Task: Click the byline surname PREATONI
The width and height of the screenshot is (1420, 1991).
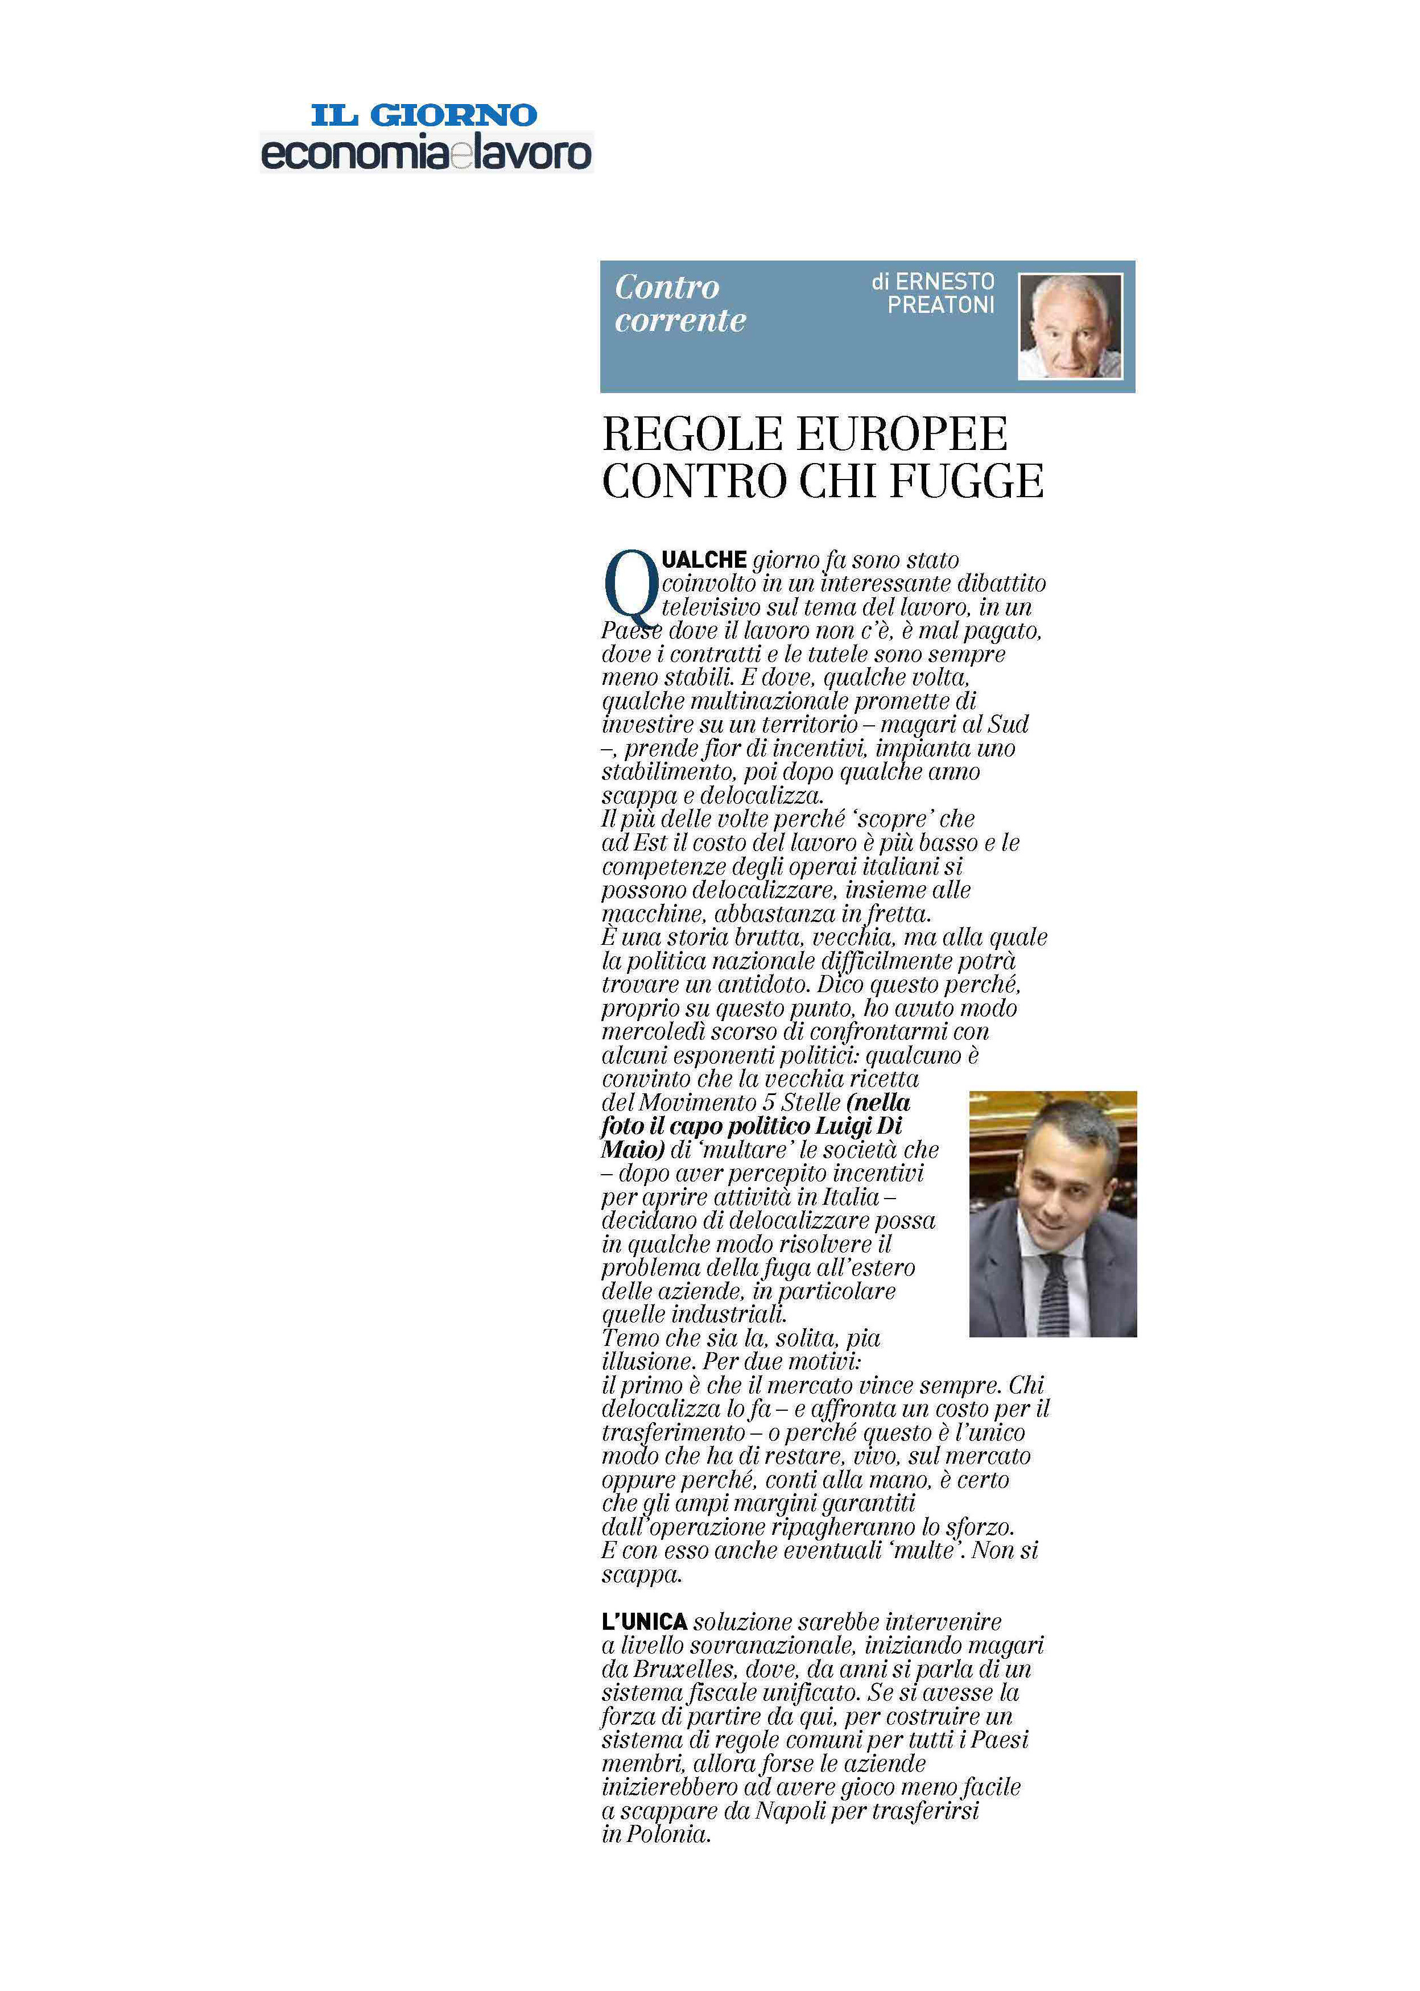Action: [941, 305]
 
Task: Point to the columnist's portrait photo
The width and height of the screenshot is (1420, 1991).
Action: [1070, 326]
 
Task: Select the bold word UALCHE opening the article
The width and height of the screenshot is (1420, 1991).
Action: [704, 560]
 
